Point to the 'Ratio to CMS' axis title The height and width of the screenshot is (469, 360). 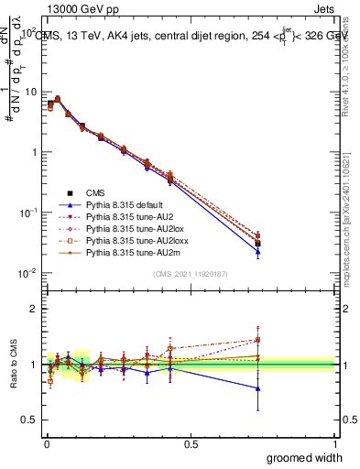click(x=12, y=379)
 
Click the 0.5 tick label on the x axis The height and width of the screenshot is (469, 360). click(x=190, y=444)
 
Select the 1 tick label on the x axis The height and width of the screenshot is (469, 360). click(x=333, y=444)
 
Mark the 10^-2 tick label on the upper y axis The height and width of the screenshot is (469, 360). click(x=27, y=273)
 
